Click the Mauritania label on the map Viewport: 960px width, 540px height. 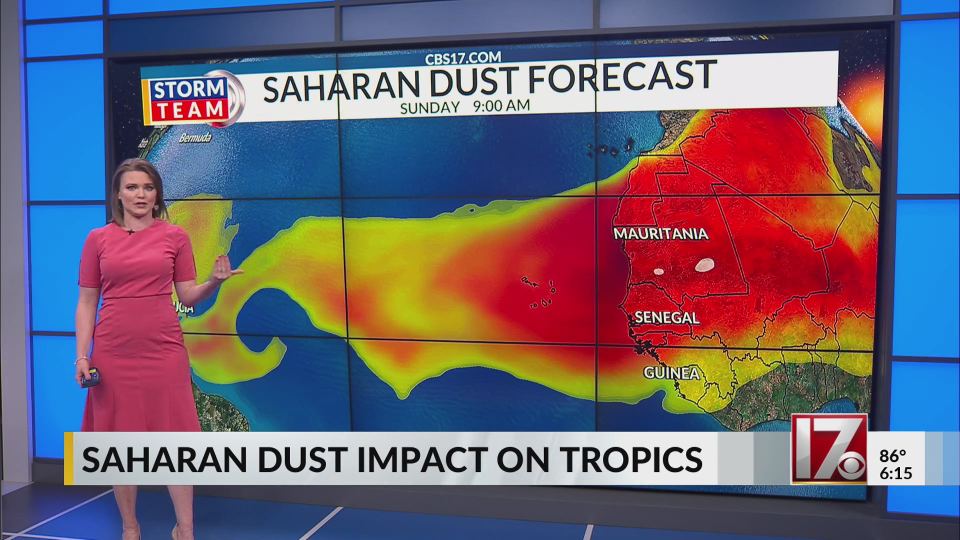[x=660, y=233]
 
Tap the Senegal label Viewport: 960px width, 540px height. [x=666, y=317]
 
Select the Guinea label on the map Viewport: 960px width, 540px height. [x=671, y=372]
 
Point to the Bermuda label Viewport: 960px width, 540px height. [x=195, y=137]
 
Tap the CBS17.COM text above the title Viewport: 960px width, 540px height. [x=462, y=58]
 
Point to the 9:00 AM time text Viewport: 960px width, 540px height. [x=501, y=105]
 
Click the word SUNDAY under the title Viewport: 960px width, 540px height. [x=429, y=107]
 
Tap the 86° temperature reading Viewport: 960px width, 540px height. [x=892, y=456]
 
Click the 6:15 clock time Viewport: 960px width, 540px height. [x=895, y=473]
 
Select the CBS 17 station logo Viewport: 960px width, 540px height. [x=830, y=449]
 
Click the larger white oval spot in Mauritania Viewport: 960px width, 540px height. [x=704, y=265]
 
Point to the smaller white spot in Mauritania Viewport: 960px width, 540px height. [x=658, y=272]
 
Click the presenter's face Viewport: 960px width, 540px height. [x=135, y=192]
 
